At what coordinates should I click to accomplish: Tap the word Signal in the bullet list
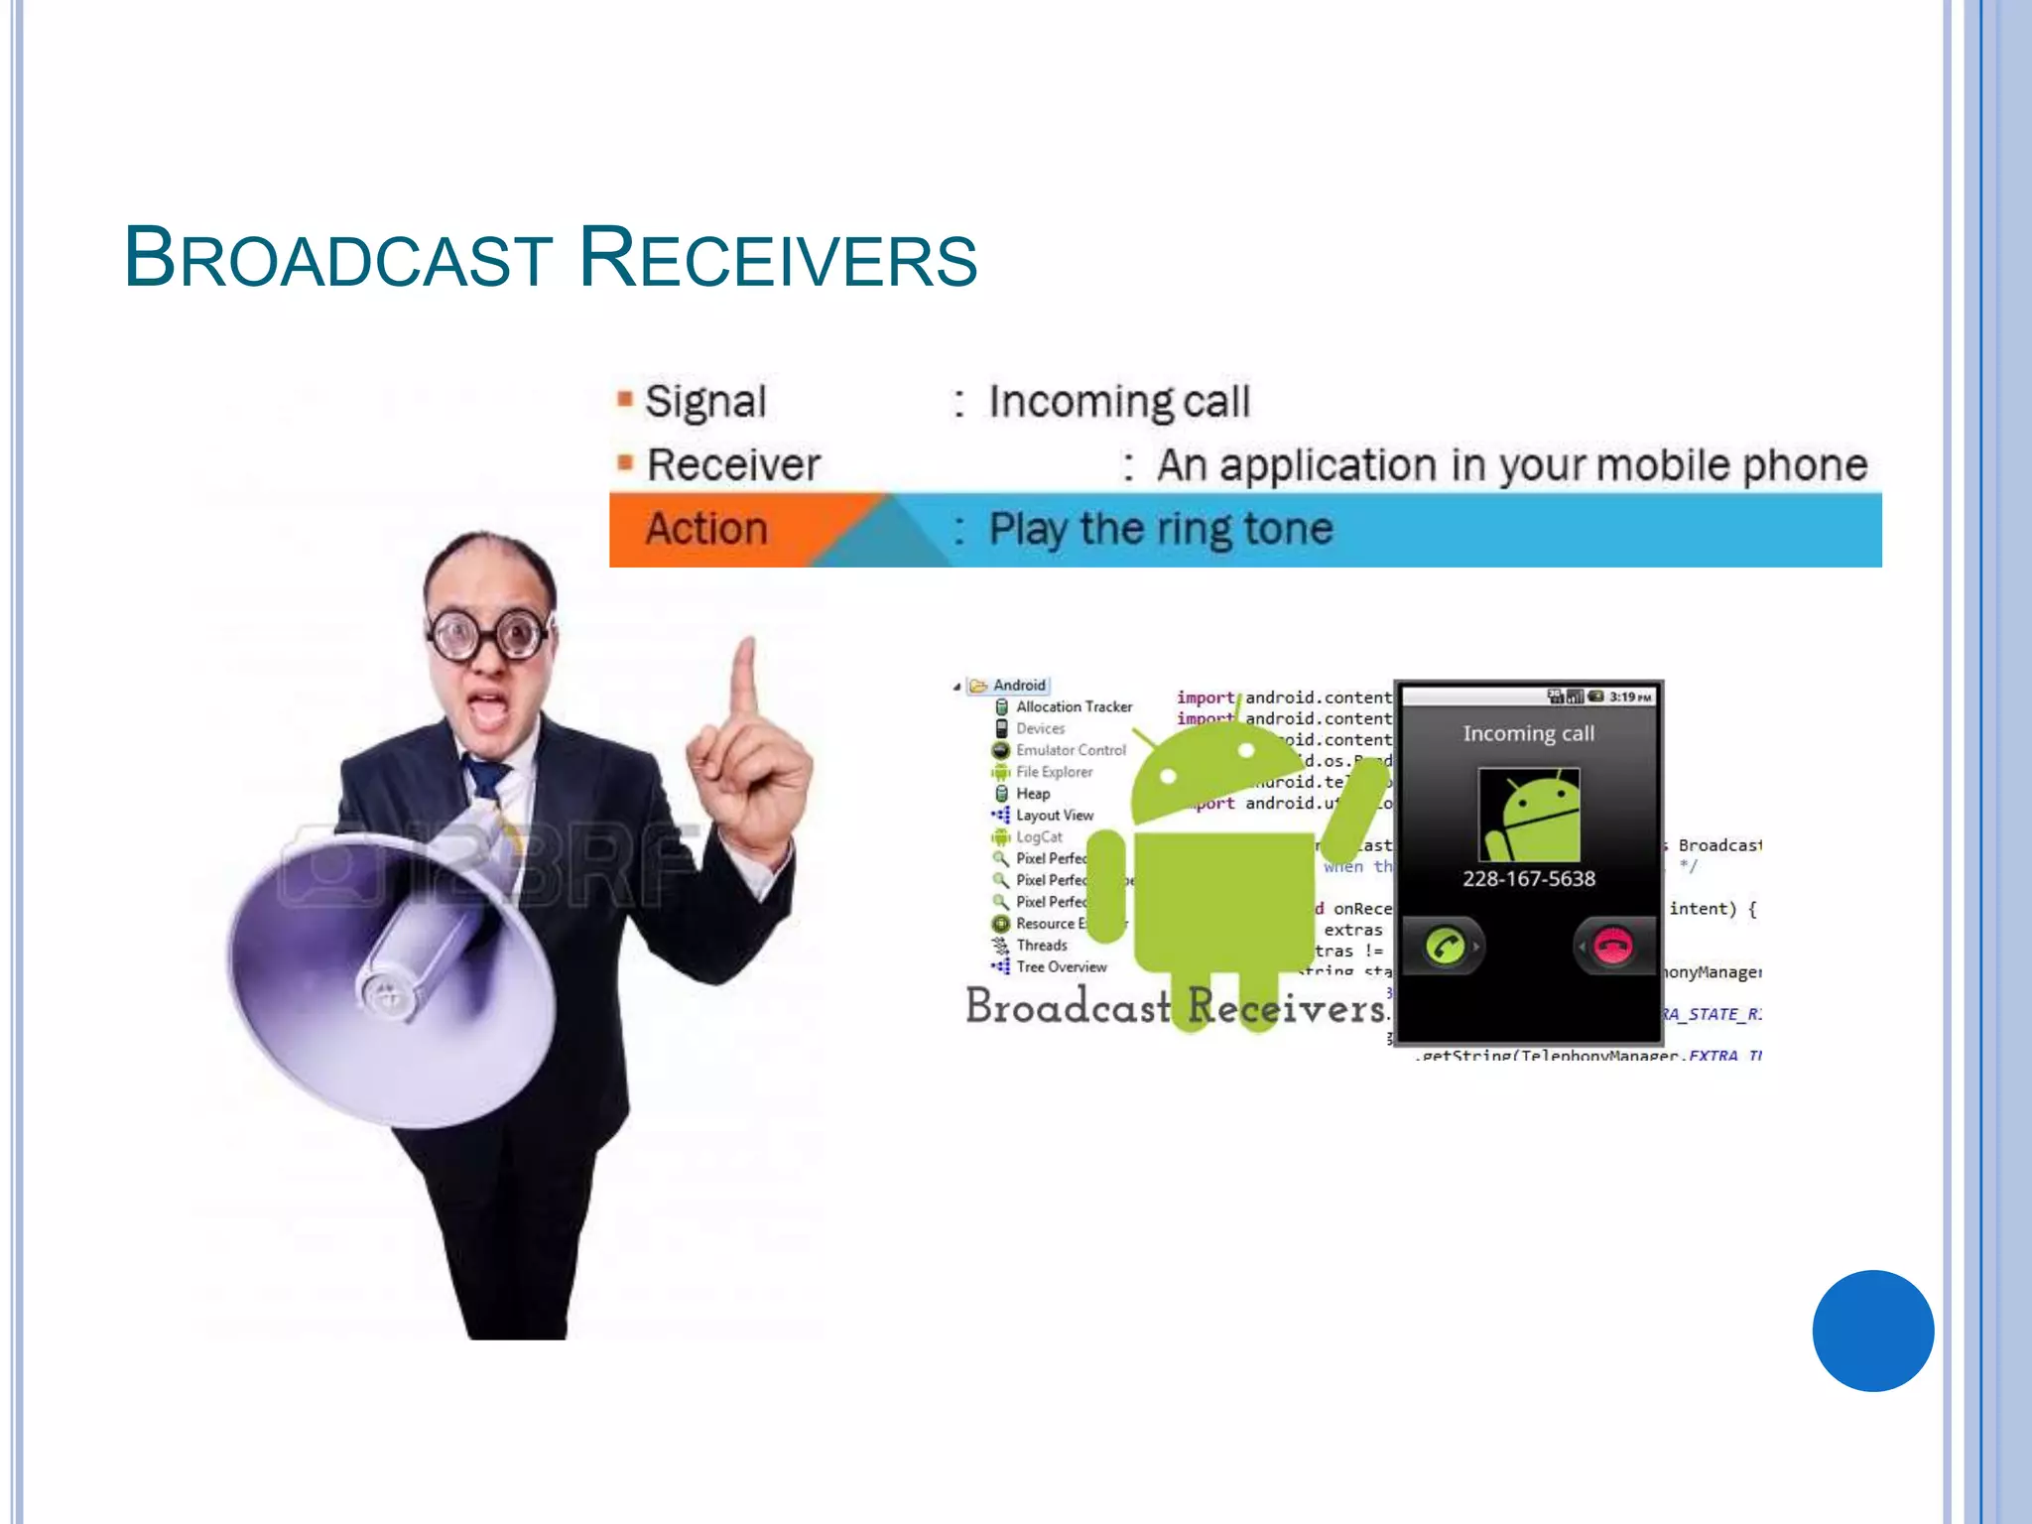click(x=705, y=402)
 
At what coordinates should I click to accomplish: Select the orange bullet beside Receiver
click(x=625, y=462)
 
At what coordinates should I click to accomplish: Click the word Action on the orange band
click(x=706, y=529)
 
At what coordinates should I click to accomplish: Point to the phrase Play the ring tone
click(x=1161, y=529)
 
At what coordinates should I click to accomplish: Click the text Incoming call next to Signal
click(x=1119, y=402)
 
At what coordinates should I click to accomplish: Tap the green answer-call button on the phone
click(x=1445, y=946)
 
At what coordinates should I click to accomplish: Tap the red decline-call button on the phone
click(x=1612, y=946)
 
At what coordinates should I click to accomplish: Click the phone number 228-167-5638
click(x=1529, y=879)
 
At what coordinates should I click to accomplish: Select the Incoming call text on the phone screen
click(x=1529, y=733)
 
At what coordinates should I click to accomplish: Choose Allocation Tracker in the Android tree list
click(x=1074, y=706)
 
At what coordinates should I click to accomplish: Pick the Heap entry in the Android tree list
click(x=1032, y=794)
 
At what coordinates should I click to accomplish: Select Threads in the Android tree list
click(x=1041, y=946)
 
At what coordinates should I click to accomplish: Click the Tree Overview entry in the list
click(x=1061, y=967)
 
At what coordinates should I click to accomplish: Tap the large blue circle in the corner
click(x=1872, y=1331)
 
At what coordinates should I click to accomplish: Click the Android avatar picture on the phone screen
click(x=1529, y=815)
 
